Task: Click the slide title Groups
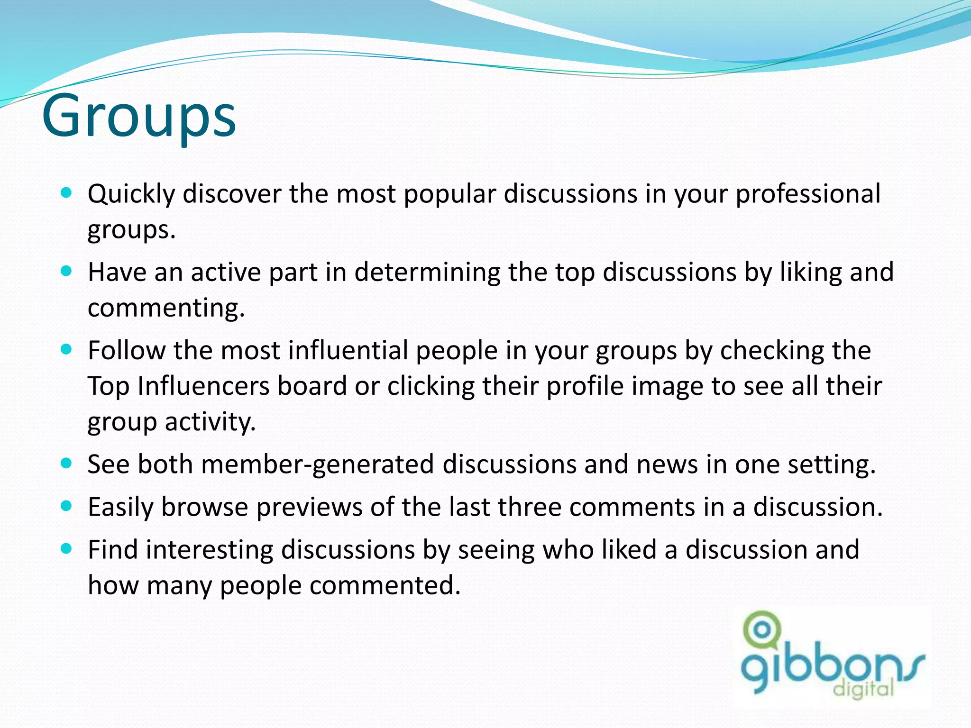[139, 116]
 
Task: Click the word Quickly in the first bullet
[131, 194]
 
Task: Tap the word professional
[808, 194]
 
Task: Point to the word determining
[427, 273]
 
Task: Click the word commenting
[166, 308]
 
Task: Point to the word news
[667, 464]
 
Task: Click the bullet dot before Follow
[66, 350]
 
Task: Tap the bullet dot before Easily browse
[66, 506]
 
